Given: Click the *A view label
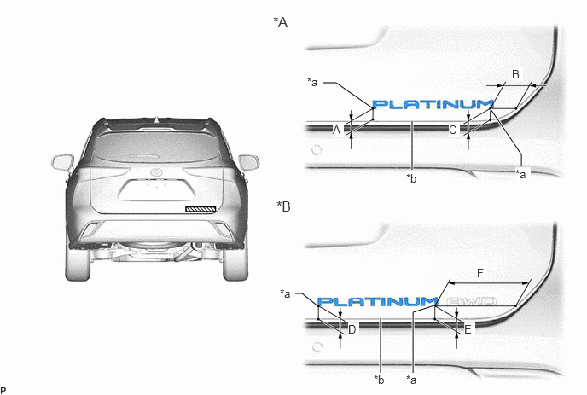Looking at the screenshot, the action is click(x=281, y=22).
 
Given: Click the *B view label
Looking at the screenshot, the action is click(x=284, y=206).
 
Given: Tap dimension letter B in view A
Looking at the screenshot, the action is click(x=515, y=74).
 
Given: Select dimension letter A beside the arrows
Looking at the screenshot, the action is click(x=336, y=130).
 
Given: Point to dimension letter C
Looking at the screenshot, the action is click(x=452, y=130).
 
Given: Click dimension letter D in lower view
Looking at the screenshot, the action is click(x=352, y=329).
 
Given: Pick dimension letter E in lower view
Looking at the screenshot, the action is click(x=468, y=329).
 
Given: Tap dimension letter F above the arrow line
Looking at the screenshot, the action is click(x=480, y=273).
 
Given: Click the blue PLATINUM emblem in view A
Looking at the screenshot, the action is click(x=433, y=104).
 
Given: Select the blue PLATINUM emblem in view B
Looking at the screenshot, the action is click(x=378, y=301).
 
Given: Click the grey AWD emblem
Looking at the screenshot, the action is click(x=472, y=301).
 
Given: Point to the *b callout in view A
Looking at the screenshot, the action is click(x=411, y=179).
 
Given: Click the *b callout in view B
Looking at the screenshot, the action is click(x=379, y=380).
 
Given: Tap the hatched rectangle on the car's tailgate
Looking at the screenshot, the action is click(x=201, y=209).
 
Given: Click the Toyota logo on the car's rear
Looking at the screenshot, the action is click(x=156, y=172).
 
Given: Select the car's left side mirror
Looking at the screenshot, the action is click(x=62, y=163).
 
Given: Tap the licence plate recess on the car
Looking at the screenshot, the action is click(x=157, y=190).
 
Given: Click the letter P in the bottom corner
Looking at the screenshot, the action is click(x=3, y=391).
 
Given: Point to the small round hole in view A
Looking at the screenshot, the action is click(x=317, y=150).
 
